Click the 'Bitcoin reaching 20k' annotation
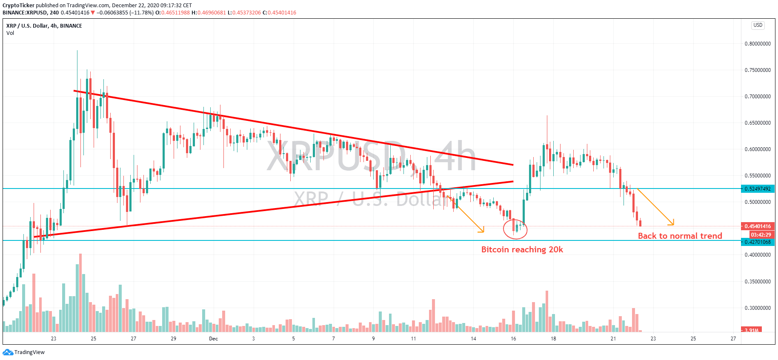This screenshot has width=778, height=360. pos(522,250)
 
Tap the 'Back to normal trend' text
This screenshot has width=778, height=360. pos(680,236)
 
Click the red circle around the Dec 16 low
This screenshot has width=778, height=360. pos(515,229)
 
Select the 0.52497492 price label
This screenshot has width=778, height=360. pos(758,189)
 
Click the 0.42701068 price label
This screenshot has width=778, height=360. pos(758,242)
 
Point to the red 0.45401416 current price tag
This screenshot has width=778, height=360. pos(758,226)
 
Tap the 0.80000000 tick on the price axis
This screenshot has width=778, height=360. pos(758,44)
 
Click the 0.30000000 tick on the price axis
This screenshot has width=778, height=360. pos(758,308)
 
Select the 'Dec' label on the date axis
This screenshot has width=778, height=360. pos(213,339)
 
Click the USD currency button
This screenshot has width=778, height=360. pos(758,25)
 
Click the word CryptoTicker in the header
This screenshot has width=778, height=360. pos(18,6)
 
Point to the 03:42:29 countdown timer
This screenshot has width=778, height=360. pos(761,235)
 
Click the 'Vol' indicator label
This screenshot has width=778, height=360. pos(10,33)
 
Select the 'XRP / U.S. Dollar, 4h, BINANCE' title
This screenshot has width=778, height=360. pos(44,26)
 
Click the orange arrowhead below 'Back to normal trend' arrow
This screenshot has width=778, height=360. pos(672,223)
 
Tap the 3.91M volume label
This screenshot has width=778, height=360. pos(752,330)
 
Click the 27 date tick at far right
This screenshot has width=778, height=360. pos(733,339)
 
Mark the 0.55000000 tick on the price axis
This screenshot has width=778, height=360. pos(758,176)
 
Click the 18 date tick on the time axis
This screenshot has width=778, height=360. pos(553,339)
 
